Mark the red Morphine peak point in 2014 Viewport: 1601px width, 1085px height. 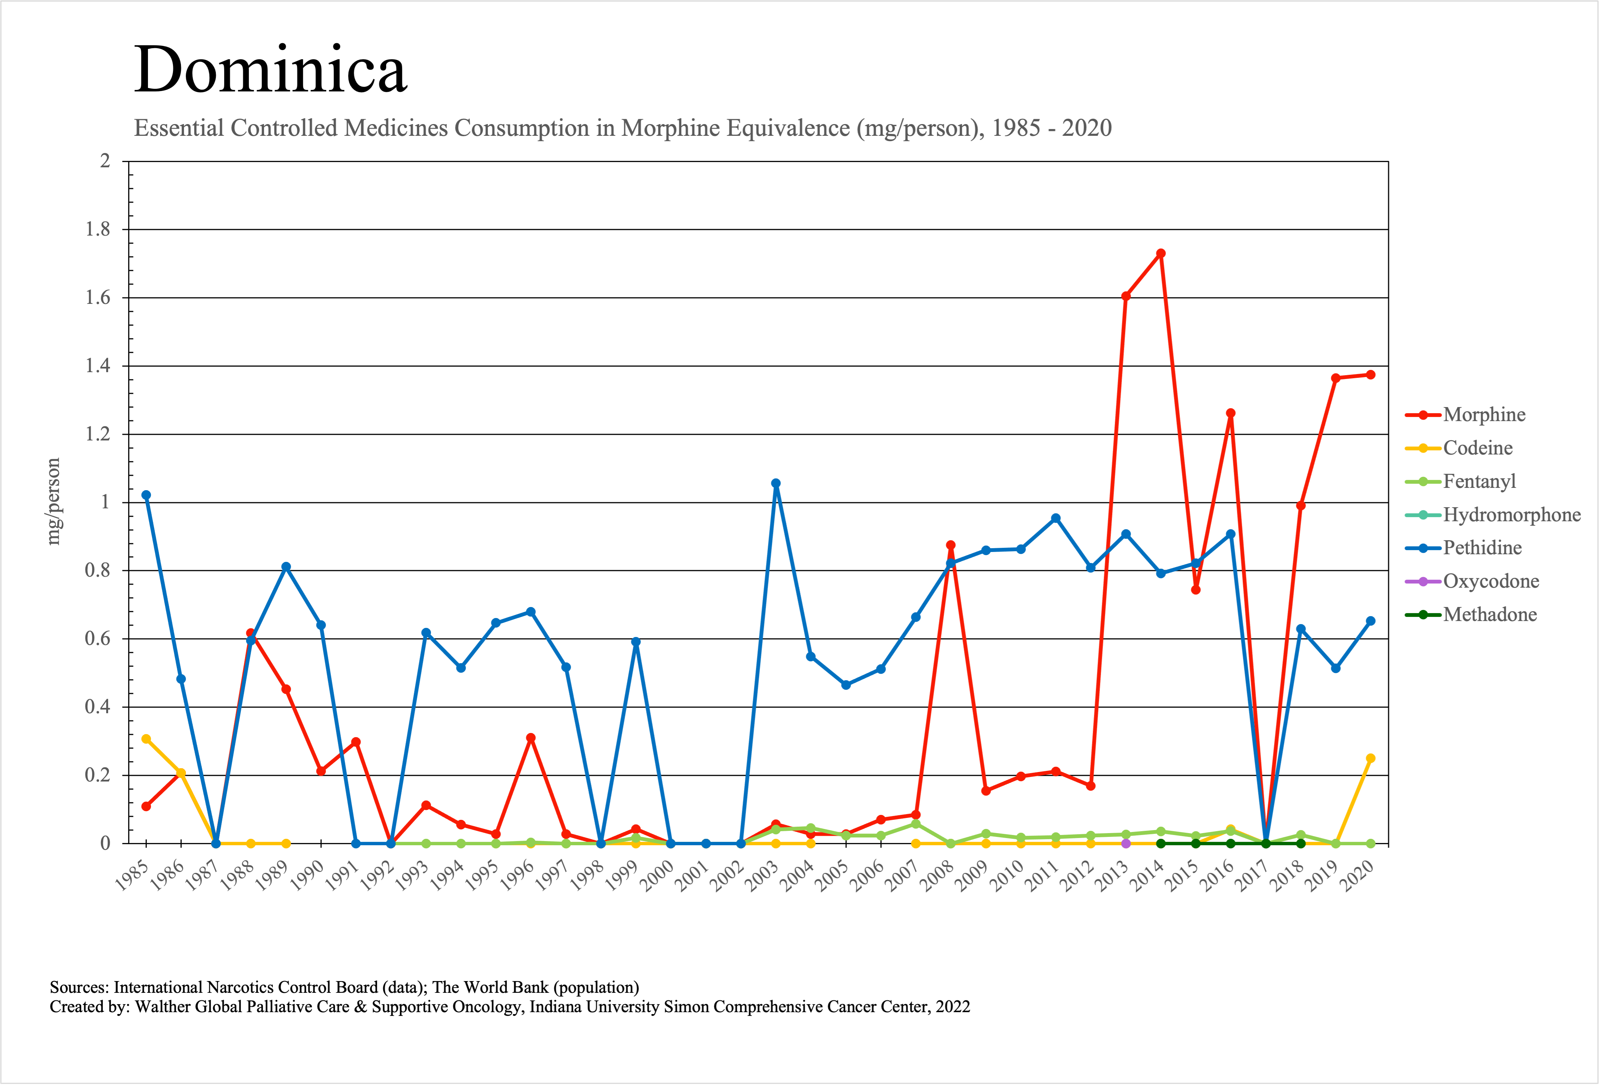pos(1161,253)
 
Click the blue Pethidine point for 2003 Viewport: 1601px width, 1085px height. pos(776,484)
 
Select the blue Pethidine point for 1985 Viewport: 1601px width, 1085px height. pos(146,495)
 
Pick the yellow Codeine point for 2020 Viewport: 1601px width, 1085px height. pos(1370,758)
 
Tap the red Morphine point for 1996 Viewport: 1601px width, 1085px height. pos(531,738)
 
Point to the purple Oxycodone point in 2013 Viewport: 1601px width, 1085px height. pos(1126,843)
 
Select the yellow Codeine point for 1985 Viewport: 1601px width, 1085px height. pos(146,739)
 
